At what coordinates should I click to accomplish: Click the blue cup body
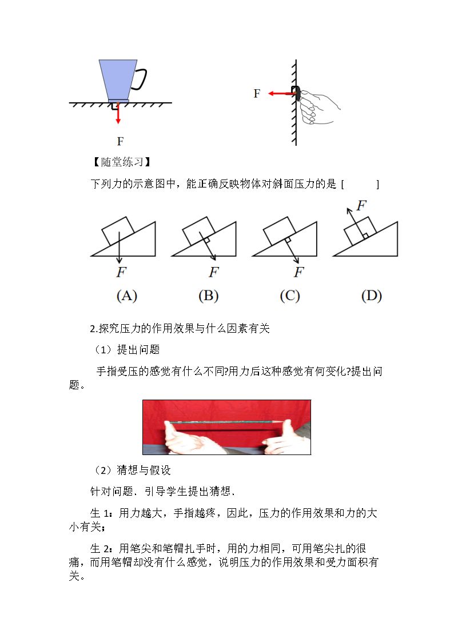[x=118, y=81]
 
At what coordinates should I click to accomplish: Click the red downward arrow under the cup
[x=118, y=113]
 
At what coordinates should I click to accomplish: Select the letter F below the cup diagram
[x=120, y=141]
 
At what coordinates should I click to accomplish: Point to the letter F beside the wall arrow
[x=257, y=94]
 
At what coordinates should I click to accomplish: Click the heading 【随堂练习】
[x=122, y=162]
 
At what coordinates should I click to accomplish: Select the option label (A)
[x=127, y=296]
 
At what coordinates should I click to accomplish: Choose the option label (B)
[x=208, y=296]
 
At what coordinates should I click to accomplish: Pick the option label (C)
[x=290, y=296]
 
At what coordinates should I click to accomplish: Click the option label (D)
[x=371, y=296]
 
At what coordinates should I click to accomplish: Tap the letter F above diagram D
[x=361, y=205]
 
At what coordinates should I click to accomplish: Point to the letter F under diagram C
[x=299, y=272]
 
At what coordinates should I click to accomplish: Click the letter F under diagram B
[x=214, y=272]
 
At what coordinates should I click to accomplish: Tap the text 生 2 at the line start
[x=100, y=548]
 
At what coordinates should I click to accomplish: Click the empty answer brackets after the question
[x=360, y=184]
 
